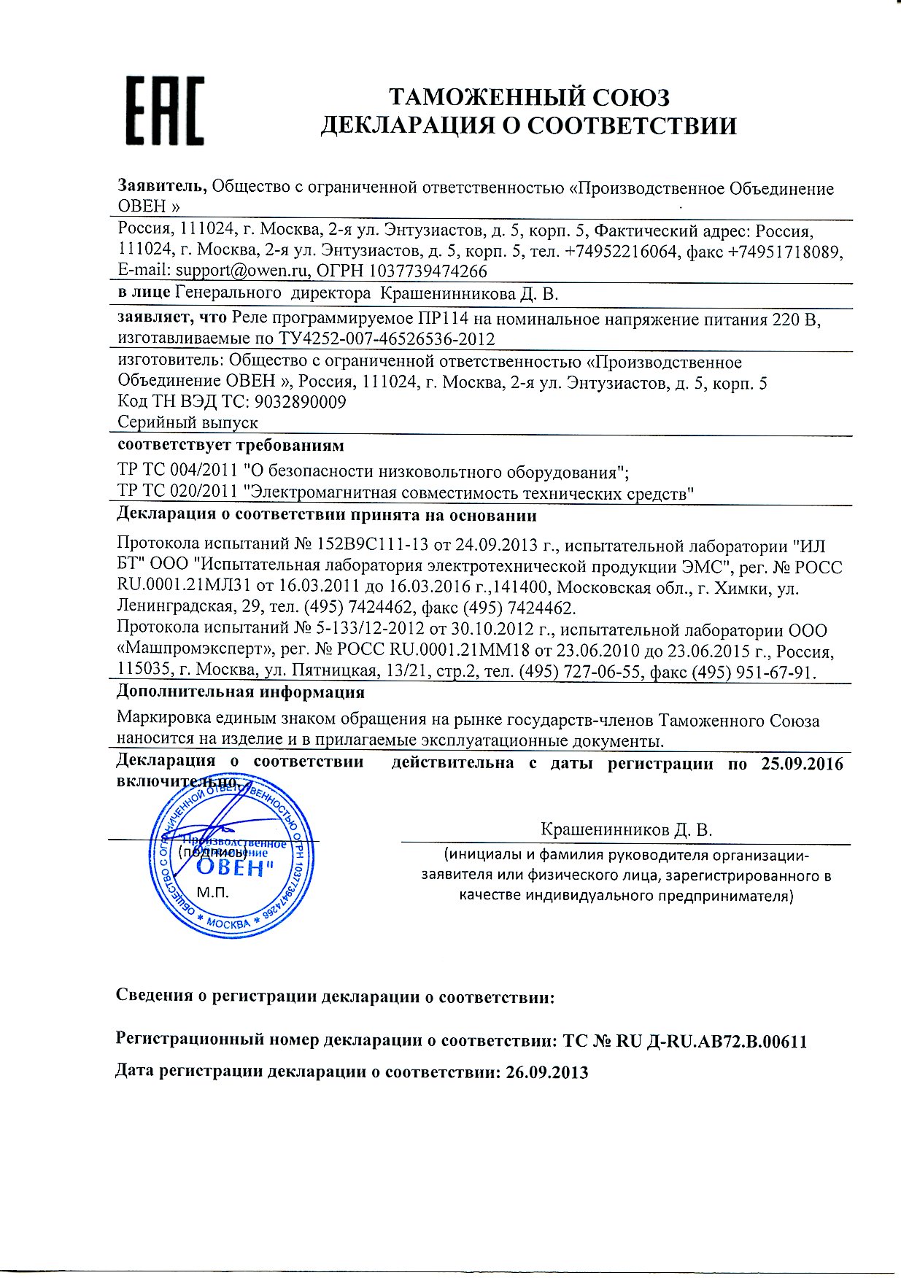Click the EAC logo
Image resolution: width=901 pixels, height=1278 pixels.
[x=166, y=111]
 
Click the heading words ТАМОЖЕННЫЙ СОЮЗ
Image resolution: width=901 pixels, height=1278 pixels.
[x=529, y=97]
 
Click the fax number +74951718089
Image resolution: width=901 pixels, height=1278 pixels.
[x=786, y=252]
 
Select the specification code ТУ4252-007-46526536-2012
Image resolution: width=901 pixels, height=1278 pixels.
[x=387, y=339]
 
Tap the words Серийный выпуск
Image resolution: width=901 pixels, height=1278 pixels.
[x=187, y=422]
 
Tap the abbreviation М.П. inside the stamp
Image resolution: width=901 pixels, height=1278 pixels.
[x=213, y=892]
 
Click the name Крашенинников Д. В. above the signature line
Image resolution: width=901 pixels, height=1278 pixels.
[x=626, y=829]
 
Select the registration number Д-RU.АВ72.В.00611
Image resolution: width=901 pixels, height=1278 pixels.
[x=725, y=1042]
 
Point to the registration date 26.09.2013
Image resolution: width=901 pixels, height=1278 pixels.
[x=546, y=1072]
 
